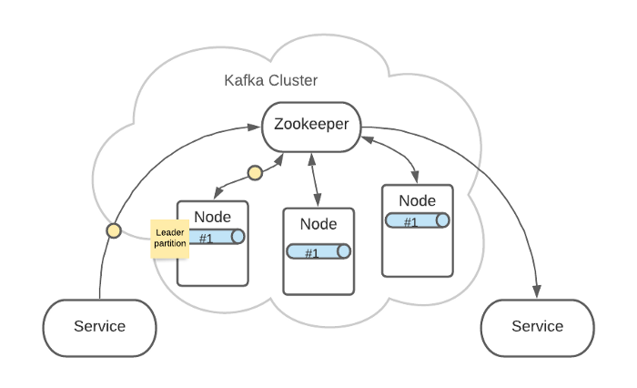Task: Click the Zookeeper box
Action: click(x=311, y=125)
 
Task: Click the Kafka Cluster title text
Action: click(x=270, y=80)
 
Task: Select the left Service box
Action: click(x=100, y=326)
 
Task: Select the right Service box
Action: click(x=537, y=326)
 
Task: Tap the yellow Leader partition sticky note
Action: click(x=170, y=239)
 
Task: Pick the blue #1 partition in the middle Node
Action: click(x=318, y=252)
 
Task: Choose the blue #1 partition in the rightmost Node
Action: click(x=417, y=220)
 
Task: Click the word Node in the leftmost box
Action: click(x=212, y=217)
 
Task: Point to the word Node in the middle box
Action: click(x=318, y=224)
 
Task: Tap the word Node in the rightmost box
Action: click(x=418, y=200)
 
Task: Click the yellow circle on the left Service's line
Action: click(x=113, y=230)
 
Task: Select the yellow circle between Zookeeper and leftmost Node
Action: click(x=255, y=172)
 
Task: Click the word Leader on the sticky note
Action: click(x=170, y=232)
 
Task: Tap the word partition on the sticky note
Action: click(x=170, y=244)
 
